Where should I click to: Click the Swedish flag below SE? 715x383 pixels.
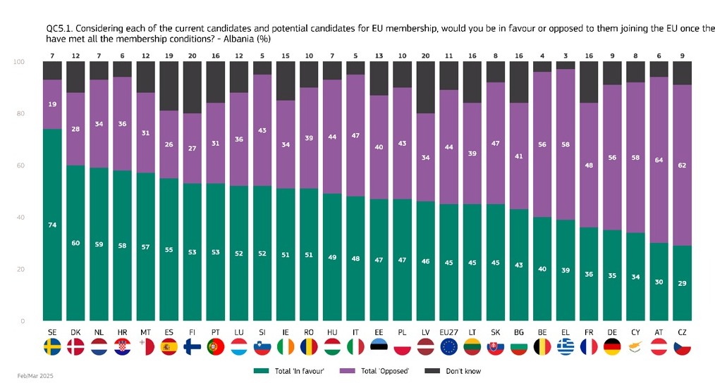tap(52, 347)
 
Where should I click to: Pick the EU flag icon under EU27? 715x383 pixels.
tap(448, 347)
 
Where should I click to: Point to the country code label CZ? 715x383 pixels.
tap(682, 332)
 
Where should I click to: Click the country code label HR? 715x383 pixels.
tap(122, 332)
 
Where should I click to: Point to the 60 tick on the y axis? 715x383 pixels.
tap(20, 165)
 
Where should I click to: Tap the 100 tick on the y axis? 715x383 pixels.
tap(19, 62)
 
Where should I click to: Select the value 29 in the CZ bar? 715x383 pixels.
tap(682, 283)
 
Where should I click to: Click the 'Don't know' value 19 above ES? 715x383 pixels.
tap(169, 56)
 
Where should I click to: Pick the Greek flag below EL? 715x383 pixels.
tap(566, 347)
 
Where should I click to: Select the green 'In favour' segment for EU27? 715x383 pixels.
tap(448, 262)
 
